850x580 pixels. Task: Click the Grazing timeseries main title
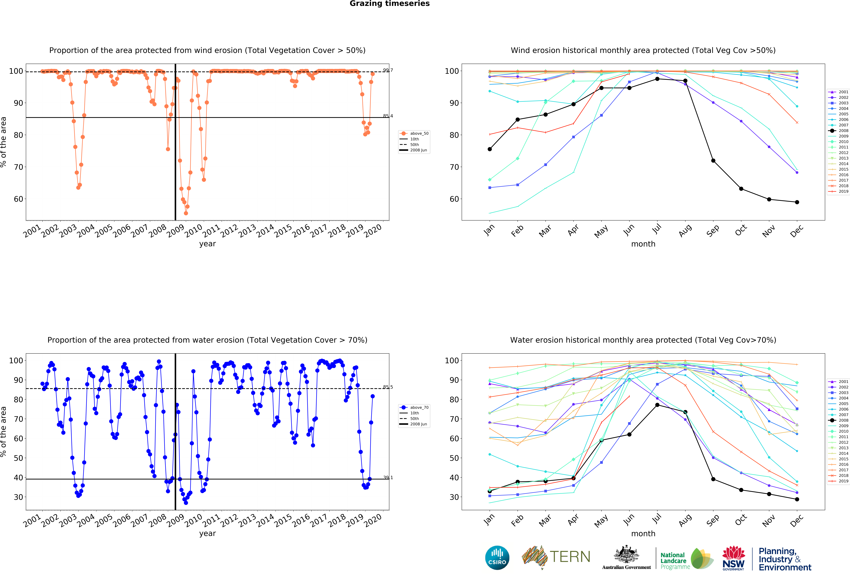tap(389, 4)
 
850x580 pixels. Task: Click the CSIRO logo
tap(497, 558)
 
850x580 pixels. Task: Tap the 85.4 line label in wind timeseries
tap(388, 116)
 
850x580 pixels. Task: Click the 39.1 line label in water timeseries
tap(388, 477)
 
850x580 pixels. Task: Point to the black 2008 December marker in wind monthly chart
tap(797, 202)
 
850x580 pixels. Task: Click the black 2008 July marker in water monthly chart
tap(657, 405)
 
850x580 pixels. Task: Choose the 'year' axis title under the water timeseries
tap(207, 534)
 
